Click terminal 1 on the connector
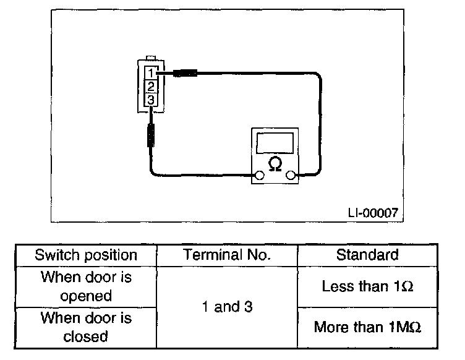coord(151,72)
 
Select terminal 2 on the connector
coord(151,85)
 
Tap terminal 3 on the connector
coord(151,98)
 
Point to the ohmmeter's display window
coord(275,142)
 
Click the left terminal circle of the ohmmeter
coord(260,176)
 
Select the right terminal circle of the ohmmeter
coord(291,176)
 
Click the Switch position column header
coord(86,255)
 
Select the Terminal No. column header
coord(226,255)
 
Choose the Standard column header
coord(367,255)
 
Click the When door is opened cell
coord(86,286)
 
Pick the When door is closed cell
coord(86,327)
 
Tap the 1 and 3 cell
coord(226,307)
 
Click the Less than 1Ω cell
coord(367,286)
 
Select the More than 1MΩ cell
coord(367,327)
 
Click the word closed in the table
coord(86,336)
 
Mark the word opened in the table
coord(86,296)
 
